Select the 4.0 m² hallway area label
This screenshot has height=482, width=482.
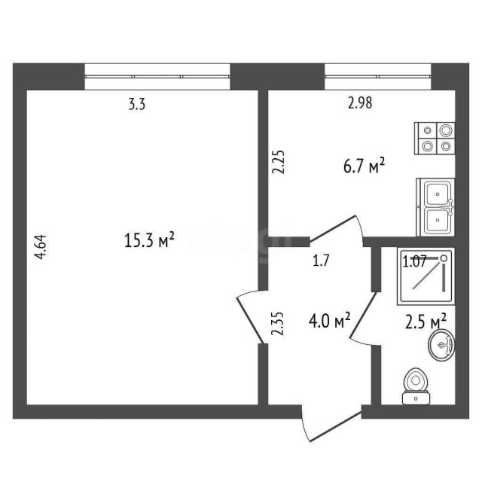tap(332, 322)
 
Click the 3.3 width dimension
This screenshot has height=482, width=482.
tap(136, 105)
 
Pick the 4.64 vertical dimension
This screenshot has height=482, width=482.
tap(42, 248)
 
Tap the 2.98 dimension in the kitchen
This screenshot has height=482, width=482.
tap(360, 105)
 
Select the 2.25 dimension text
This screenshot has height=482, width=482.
tap(277, 163)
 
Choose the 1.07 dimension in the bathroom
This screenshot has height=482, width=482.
tap(415, 262)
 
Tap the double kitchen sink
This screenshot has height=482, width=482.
tap(436, 207)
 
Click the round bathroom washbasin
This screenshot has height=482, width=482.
tap(441, 346)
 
